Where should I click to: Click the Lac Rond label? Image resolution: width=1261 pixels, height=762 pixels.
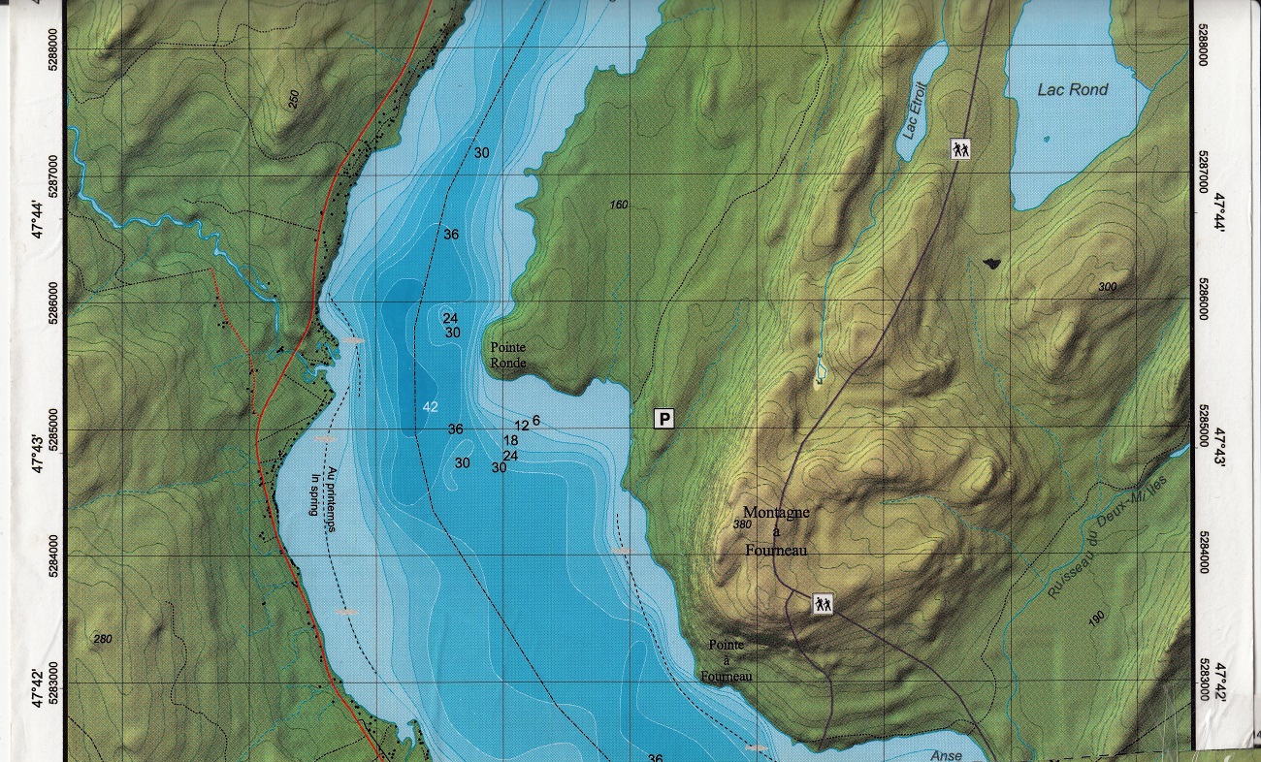[x=1072, y=90]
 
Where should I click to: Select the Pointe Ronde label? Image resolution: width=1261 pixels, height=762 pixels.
[x=508, y=355]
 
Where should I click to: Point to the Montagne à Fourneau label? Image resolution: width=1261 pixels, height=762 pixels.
[x=776, y=530]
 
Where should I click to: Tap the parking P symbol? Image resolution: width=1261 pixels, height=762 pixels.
[x=664, y=419]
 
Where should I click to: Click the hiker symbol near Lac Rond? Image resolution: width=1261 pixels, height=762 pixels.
[x=960, y=149]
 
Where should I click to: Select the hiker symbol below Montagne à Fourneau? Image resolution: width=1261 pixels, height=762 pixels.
[x=824, y=604]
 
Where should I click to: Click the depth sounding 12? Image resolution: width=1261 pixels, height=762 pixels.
[x=521, y=426]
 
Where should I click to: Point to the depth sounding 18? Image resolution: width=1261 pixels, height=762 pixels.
[x=510, y=441]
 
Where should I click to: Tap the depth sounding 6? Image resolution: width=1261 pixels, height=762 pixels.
[x=535, y=420]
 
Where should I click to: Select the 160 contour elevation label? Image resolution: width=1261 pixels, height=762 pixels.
[x=619, y=205]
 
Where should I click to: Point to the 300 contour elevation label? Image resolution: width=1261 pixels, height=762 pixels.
[x=1108, y=287]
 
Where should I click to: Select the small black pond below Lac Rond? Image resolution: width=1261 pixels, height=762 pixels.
[x=989, y=262]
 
